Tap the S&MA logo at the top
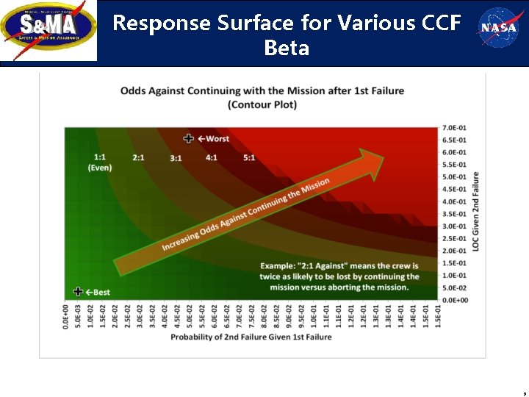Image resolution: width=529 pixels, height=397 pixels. click(49, 31)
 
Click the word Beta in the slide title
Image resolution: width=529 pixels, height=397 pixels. click(287, 49)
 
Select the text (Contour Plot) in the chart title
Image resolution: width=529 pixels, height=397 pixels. click(262, 105)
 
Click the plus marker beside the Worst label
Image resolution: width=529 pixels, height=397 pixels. click(189, 138)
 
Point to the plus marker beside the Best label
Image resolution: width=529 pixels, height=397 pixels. click(78, 292)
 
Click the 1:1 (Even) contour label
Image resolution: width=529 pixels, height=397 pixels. click(99, 162)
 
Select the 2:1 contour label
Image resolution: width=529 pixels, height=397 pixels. click(138, 157)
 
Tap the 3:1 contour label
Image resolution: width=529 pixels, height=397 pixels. click(176, 158)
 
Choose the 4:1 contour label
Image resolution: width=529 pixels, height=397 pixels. click(212, 157)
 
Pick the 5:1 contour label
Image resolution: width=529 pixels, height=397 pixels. click(249, 157)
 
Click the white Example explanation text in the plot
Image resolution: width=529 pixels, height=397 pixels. click(339, 276)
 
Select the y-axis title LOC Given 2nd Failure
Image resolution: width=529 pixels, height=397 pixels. click(475, 212)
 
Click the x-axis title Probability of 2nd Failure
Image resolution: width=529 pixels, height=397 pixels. click(251, 337)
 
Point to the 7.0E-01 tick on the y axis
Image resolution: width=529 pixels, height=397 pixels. click(453, 128)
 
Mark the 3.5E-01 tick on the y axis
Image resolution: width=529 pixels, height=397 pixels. click(453, 214)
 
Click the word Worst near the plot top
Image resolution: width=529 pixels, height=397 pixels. click(217, 138)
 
